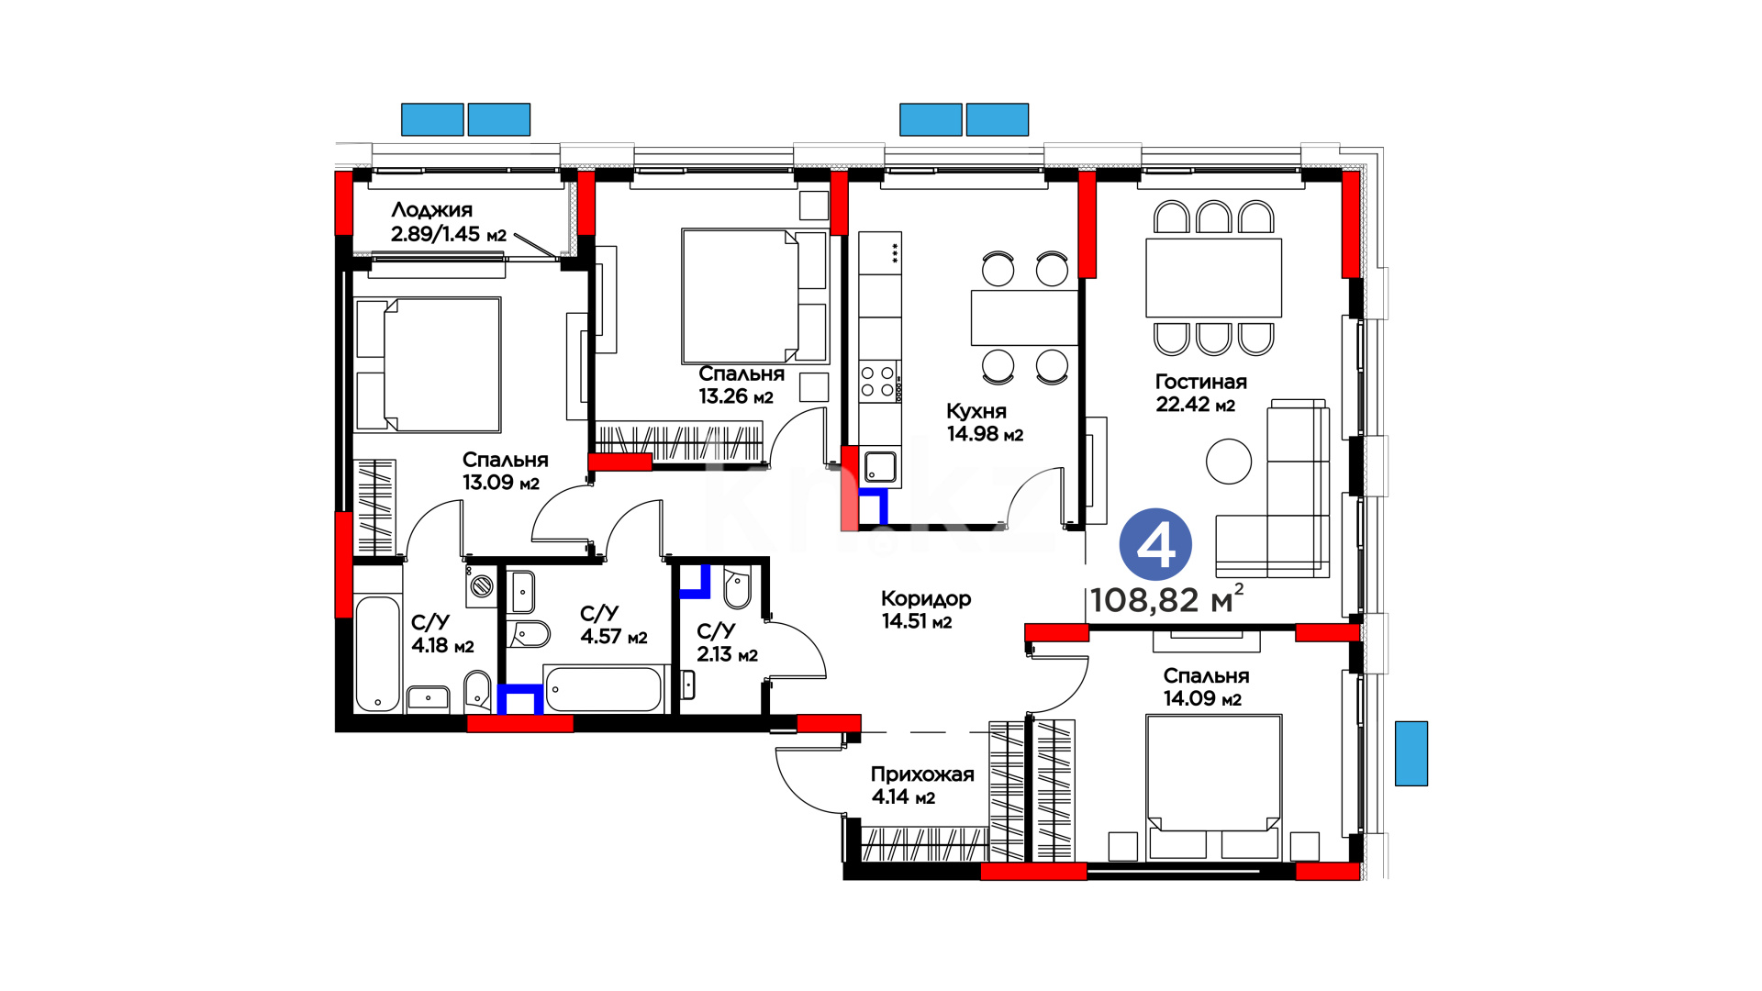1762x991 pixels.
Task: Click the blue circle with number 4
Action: [x=1155, y=544]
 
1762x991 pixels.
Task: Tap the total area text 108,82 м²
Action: [x=1166, y=599]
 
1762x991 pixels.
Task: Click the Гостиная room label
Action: [x=1200, y=382]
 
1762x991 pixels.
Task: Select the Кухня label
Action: [x=976, y=411]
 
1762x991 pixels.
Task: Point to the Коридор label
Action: [x=926, y=598]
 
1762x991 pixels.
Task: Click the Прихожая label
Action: [x=922, y=774]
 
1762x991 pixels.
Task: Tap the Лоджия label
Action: [x=431, y=210]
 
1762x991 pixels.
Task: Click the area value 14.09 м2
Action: [x=1202, y=698]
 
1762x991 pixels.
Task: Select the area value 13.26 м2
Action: [x=736, y=396]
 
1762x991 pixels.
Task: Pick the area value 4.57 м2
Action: [x=614, y=636]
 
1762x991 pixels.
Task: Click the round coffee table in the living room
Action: [x=1229, y=462]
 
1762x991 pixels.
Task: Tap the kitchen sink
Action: [x=880, y=467]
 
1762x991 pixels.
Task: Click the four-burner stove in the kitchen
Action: [x=877, y=382]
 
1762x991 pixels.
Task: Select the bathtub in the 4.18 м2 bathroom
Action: [x=378, y=653]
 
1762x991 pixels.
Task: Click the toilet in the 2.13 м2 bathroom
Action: [x=737, y=588]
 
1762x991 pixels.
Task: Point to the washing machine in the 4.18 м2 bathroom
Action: [x=482, y=585]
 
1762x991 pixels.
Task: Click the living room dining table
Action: [x=1213, y=278]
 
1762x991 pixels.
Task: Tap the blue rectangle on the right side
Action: [x=1411, y=753]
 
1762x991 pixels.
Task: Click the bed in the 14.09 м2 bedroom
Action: [x=1213, y=787]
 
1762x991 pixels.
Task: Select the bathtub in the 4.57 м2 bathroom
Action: [x=603, y=689]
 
